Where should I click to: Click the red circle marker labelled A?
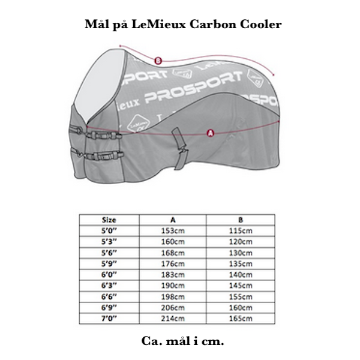point(211,133)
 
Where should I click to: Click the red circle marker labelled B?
point(158,61)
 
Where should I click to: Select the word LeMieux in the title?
point(158,24)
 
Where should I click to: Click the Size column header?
point(109,220)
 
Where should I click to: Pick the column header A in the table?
point(173,220)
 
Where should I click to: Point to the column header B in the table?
point(241,220)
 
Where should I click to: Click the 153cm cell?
point(173,231)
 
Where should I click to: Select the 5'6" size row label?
point(109,253)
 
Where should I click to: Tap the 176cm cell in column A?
point(173,264)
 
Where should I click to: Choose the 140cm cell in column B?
point(241,275)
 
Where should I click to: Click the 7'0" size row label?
point(109,319)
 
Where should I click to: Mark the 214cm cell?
point(173,319)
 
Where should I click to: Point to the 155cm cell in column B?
point(241,296)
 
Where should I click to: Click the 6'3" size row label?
point(109,286)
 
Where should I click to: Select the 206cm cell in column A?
point(173,308)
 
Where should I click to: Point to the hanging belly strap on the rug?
point(180,149)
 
